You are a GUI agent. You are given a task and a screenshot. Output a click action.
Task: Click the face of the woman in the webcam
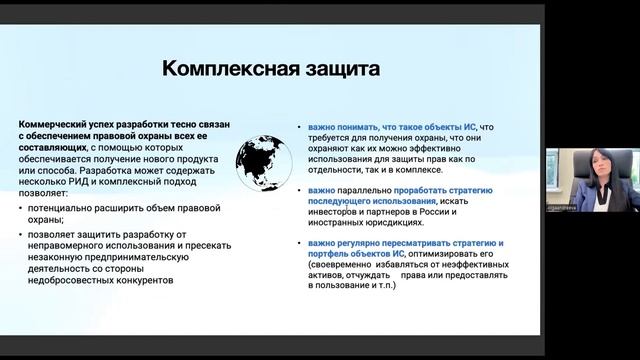pos(580,166)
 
